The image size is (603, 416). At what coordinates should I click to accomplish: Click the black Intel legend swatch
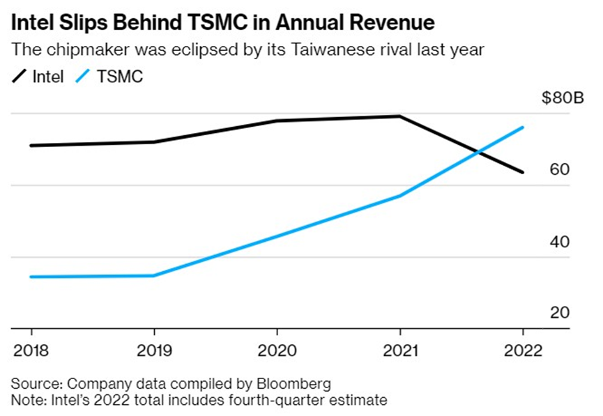20,76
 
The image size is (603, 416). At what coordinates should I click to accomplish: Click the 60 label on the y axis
560,169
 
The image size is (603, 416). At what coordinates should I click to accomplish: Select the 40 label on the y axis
560,242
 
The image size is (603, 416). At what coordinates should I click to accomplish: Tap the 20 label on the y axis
560,313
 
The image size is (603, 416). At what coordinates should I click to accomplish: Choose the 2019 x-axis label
153,348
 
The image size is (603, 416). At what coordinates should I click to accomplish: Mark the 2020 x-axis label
277,348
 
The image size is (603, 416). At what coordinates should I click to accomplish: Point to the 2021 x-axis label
400,348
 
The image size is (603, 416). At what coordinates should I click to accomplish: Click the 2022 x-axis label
523,348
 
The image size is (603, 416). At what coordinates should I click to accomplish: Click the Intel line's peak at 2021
400,116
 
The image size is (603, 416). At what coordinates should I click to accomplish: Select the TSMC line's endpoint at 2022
523,128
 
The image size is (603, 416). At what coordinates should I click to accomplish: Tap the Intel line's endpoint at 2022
523,172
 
